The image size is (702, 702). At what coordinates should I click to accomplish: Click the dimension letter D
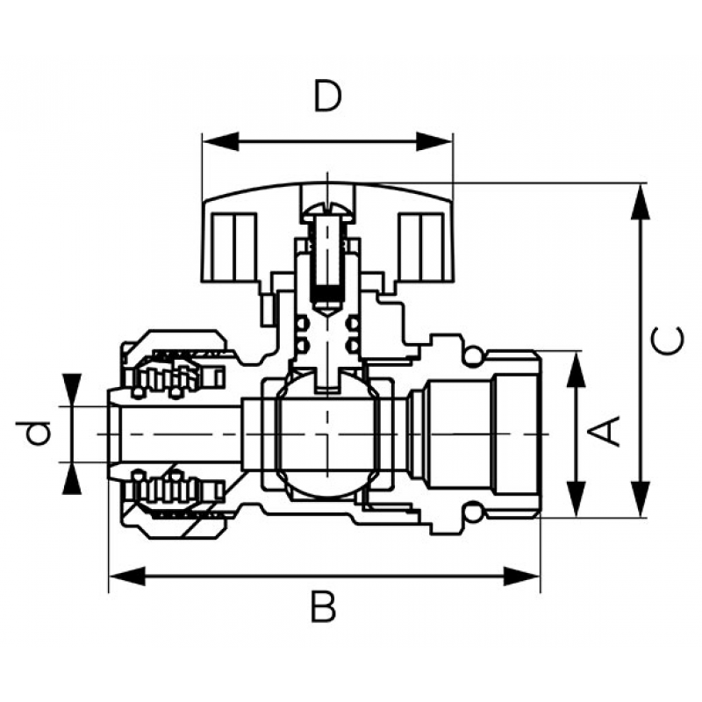327,96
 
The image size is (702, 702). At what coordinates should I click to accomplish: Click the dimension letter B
323,606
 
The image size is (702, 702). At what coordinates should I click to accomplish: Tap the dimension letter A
604,431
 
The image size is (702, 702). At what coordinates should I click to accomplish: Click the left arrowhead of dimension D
220,142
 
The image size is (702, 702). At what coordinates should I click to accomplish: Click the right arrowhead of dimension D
434,142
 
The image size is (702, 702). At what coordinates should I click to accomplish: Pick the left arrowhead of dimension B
127,577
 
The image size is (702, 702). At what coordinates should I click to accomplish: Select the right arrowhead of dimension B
522,577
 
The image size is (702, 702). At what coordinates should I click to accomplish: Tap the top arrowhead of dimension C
641,202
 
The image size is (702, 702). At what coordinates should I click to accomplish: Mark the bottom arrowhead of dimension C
641,499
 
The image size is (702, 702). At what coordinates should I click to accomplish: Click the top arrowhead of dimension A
577,369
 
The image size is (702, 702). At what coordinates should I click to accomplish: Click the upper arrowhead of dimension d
72,390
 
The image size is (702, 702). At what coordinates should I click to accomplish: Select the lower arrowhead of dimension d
72,478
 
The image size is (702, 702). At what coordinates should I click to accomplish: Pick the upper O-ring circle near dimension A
472,355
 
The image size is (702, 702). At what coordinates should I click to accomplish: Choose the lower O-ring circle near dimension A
472,513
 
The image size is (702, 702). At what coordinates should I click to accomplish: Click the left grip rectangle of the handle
233,247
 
